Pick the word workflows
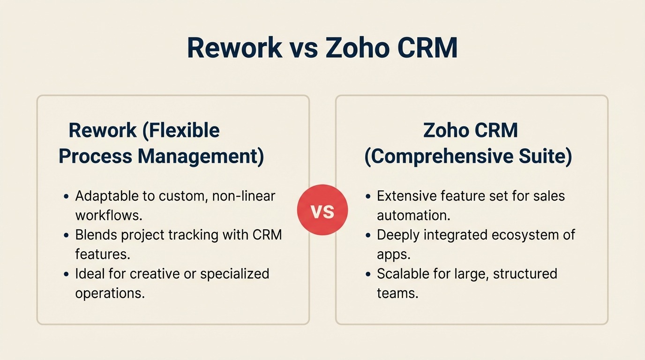pos(109,215)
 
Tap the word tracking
pos(174,234)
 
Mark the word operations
pos(110,293)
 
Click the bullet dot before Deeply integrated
pos(368,235)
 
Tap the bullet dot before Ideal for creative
pos(66,274)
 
